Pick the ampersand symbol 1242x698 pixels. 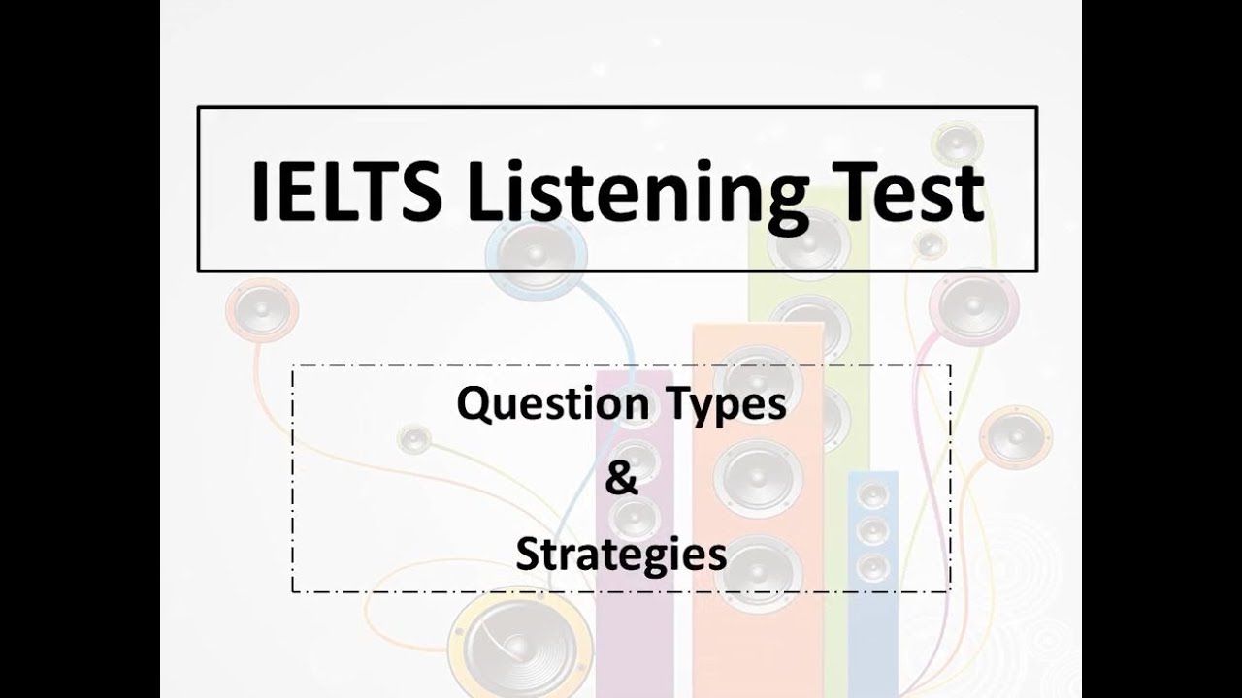coord(621,481)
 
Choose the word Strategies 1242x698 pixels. coord(621,556)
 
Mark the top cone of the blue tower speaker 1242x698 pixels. coord(872,496)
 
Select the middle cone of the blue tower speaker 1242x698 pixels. coord(872,530)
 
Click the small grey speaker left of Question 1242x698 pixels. coord(415,440)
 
